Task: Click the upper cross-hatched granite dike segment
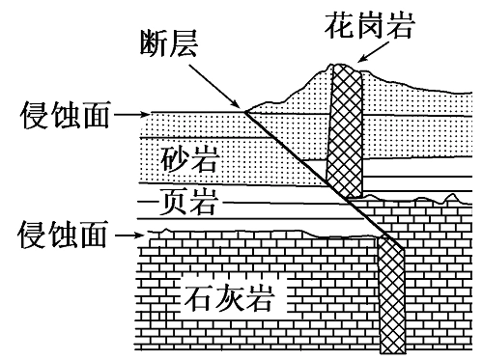click(x=346, y=130)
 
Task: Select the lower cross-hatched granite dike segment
click(x=391, y=294)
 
